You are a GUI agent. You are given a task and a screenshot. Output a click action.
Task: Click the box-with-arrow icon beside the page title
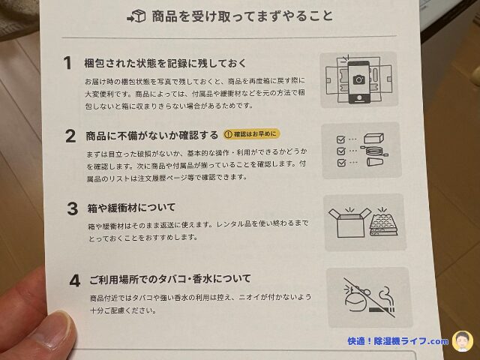[x=136, y=16]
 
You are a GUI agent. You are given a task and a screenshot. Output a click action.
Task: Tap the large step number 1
[x=67, y=63]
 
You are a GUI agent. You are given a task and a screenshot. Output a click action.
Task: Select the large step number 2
[x=70, y=136]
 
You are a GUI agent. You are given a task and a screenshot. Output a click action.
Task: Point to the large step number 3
[x=73, y=208]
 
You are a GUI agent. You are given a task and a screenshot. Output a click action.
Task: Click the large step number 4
[x=75, y=280]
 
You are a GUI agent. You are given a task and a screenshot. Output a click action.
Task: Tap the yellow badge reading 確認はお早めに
[x=251, y=134]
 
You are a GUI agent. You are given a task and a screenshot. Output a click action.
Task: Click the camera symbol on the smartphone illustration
[x=358, y=79]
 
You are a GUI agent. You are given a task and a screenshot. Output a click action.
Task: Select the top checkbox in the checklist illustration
[x=340, y=139]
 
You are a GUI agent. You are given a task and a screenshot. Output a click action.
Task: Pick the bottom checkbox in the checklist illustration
[x=341, y=163]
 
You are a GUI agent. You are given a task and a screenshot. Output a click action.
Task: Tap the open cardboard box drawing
[x=350, y=223]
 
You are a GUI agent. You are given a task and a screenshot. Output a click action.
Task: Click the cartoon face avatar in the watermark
[x=462, y=340]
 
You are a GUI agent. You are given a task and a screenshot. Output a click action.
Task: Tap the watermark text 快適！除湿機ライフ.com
[x=397, y=341]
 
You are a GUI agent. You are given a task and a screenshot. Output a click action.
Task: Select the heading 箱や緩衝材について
[x=131, y=208]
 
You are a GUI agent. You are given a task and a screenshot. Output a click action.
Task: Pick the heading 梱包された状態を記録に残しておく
[x=165, y=63]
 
